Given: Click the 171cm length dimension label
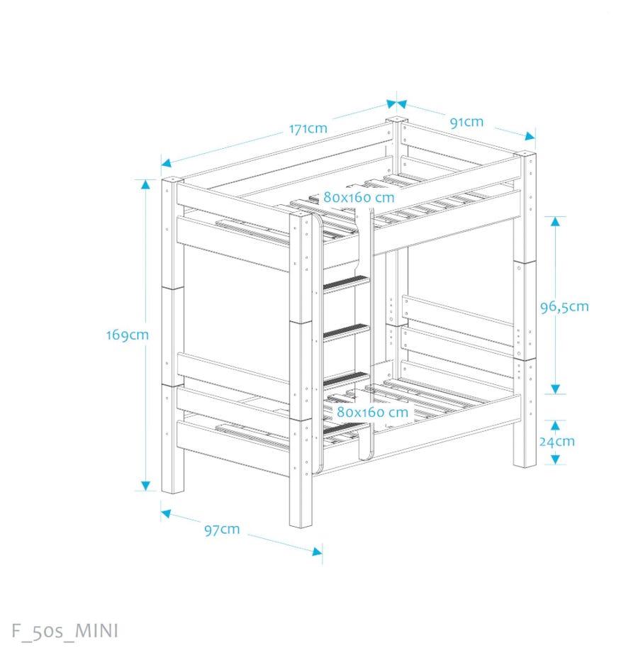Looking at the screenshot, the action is point(308,128).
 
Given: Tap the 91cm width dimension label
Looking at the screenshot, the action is point(466,123).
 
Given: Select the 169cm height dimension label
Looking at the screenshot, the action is point(128,335).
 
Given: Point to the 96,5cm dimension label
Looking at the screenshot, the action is point(564,307).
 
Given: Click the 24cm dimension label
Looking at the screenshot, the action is point(557,442).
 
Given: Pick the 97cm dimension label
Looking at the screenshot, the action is point(222,530).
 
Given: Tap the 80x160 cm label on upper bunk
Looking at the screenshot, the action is point(359,198).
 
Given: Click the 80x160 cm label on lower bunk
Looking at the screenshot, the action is point(372,412).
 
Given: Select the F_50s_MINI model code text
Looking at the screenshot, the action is point(65,631).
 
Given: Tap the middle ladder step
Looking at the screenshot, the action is point(346,332).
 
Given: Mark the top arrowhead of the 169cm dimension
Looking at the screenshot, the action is point(145,184).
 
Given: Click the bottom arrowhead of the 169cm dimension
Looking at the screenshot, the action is point(145,486).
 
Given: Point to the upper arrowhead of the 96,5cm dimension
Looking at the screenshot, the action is point(555,221).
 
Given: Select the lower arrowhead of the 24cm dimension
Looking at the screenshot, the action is point(555,459).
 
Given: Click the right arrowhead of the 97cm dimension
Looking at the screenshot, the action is point(318,552).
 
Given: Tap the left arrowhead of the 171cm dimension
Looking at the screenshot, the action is point(166,163).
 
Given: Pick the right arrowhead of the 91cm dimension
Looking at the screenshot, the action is point(530,136).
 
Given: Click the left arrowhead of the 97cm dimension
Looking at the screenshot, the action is point(166,514).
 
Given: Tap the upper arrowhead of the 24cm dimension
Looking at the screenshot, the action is point(555,425).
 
